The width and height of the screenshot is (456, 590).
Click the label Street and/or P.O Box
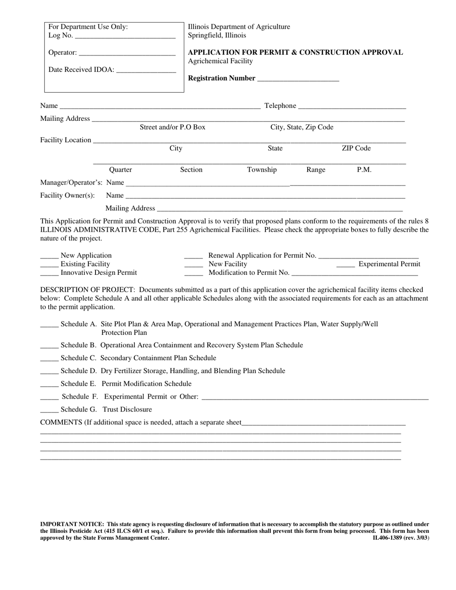172,127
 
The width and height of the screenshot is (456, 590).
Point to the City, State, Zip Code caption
302,127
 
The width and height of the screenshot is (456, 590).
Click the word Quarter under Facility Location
120,170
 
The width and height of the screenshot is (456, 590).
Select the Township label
262,170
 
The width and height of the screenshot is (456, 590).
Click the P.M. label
364,170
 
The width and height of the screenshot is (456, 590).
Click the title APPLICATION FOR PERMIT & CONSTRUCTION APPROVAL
295,52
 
